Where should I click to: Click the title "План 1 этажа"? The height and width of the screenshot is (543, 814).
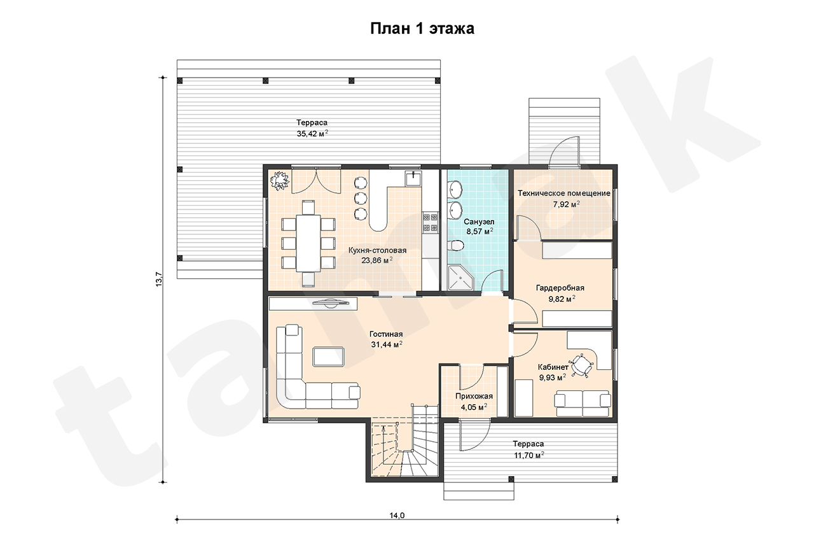(422, 29)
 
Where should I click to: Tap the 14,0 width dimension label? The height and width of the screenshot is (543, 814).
(397, 516)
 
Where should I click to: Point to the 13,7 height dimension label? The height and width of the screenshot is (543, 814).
(159, 279)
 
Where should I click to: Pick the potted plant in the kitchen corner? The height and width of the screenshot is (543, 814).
(280, 180)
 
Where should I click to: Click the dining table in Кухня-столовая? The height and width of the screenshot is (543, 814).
(308, 243)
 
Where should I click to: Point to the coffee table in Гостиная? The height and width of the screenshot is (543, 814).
(329, 356)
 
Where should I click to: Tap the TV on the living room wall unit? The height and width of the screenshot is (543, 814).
(329, 303)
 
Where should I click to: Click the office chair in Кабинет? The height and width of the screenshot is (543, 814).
(582, 364)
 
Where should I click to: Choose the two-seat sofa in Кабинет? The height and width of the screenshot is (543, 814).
(582, 404)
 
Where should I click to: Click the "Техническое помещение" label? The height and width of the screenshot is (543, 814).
(564, 193)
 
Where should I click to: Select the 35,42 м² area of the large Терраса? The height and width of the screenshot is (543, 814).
(312, 133)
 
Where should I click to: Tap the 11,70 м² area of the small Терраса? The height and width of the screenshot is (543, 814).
(528, 455)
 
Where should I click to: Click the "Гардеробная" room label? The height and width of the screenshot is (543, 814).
(560, 288)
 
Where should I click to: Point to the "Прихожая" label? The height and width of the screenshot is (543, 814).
(474, 396)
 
